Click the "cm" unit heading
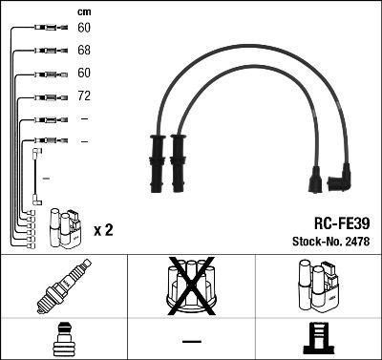pyautogui.click(x=85, y=12)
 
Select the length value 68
pyautogui.click(x=85, y=50)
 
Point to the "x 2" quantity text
pyautogui.click(x=105, y=230)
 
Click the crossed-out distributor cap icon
pyautogui.click(x=191, y=287)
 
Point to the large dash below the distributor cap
pyautogui.click(x=191, y=341)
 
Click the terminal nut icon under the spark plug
pyautogui.click(x=63, y=340)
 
